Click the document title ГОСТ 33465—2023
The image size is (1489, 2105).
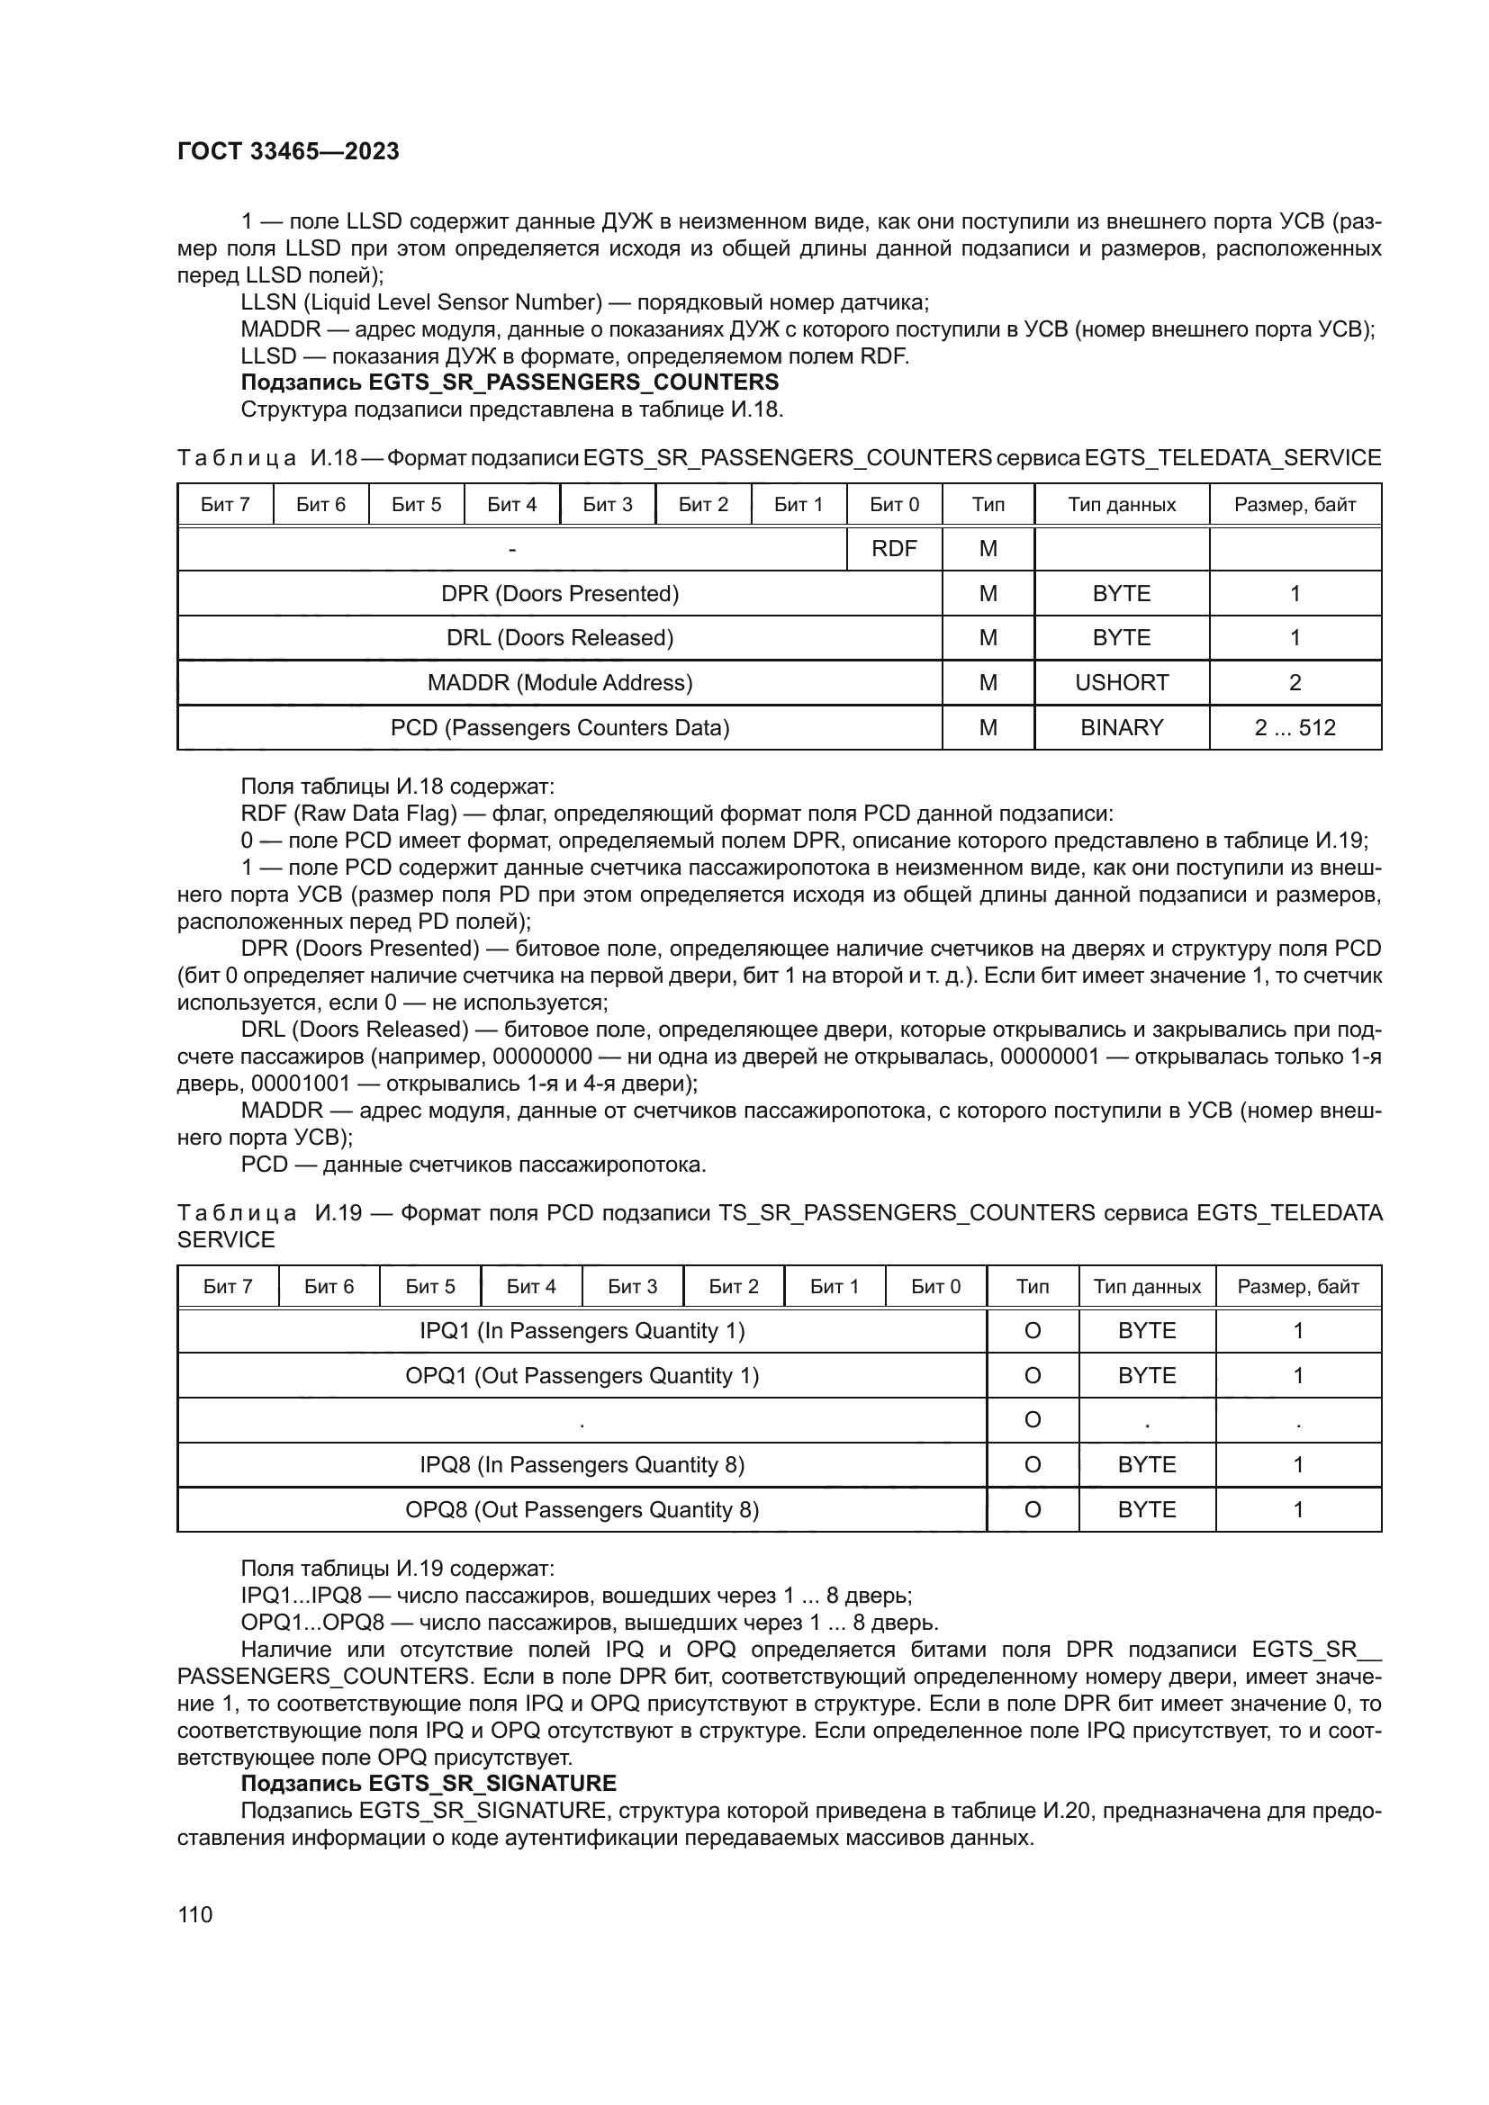point(288,152)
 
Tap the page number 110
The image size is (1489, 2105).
point(195,1914)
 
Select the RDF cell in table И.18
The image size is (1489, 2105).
point(893,548)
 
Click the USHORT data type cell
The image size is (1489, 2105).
point(1121,683)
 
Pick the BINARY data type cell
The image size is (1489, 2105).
point(1121,728)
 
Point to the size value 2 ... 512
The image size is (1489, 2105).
point(1294,728)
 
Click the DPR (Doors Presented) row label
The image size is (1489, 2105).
point(559,594)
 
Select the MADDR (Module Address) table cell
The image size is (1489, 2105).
point(559,683)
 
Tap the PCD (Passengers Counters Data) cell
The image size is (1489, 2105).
point(559,728)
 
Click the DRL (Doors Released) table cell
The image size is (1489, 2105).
point(559,638)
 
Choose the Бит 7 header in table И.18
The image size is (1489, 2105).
point(226,504)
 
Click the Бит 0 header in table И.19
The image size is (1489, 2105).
point(935,1286)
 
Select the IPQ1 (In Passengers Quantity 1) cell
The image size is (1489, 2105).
point(582,1331)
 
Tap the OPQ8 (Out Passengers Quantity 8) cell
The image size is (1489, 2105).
point(582,1510)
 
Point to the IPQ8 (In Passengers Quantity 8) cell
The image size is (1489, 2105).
point(582,1465)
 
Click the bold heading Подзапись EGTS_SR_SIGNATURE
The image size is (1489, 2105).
point(429,1783)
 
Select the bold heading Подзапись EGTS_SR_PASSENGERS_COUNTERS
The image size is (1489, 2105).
point(509,382)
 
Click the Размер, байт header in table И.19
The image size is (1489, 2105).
point(1297,1286)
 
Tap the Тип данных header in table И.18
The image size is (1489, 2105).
point(1121,504)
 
